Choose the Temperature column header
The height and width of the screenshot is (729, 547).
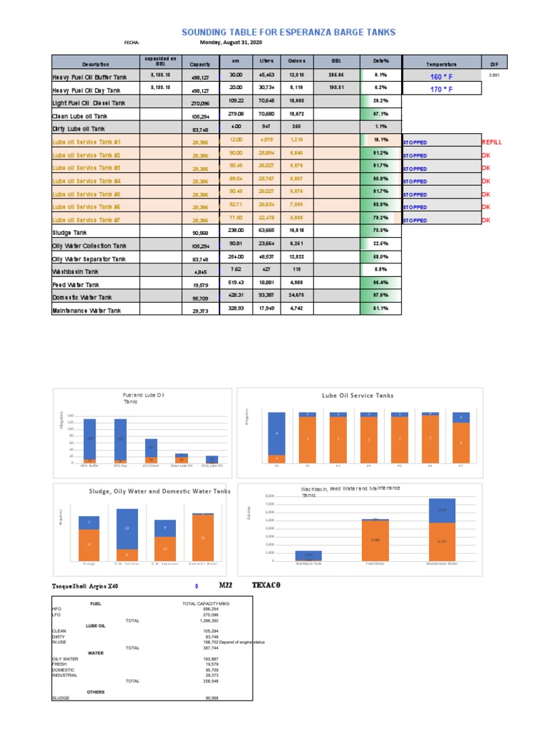coord(442,64)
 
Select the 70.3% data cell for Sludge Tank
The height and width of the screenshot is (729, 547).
coord(380,231)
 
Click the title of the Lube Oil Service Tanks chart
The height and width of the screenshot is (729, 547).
coord(358,395)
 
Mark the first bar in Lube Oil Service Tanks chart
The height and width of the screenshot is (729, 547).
coord(276,437)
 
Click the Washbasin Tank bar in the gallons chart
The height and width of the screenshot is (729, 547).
coord(308,556)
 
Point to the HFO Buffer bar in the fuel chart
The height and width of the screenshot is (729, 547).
coord(90,441)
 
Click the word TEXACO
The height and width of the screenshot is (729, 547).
coord(267,585)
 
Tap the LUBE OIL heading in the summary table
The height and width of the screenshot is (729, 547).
coord(95,625)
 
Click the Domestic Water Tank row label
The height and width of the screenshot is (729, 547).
coord(81,297)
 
